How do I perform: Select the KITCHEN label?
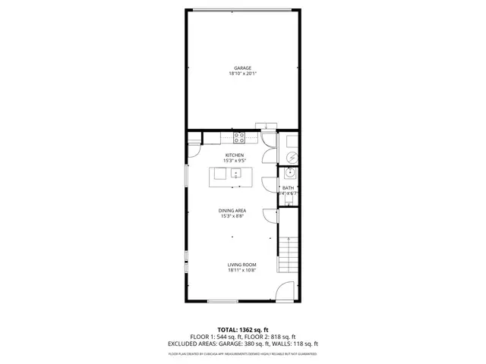coord(234,155)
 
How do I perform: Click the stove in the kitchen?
coord(238,138)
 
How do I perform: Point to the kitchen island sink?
coord(236,174)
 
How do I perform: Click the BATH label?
coord(288,187)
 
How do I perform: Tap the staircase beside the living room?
coord(289,254)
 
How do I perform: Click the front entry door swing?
coord(284,291)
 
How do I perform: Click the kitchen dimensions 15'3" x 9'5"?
coord(234,161)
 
